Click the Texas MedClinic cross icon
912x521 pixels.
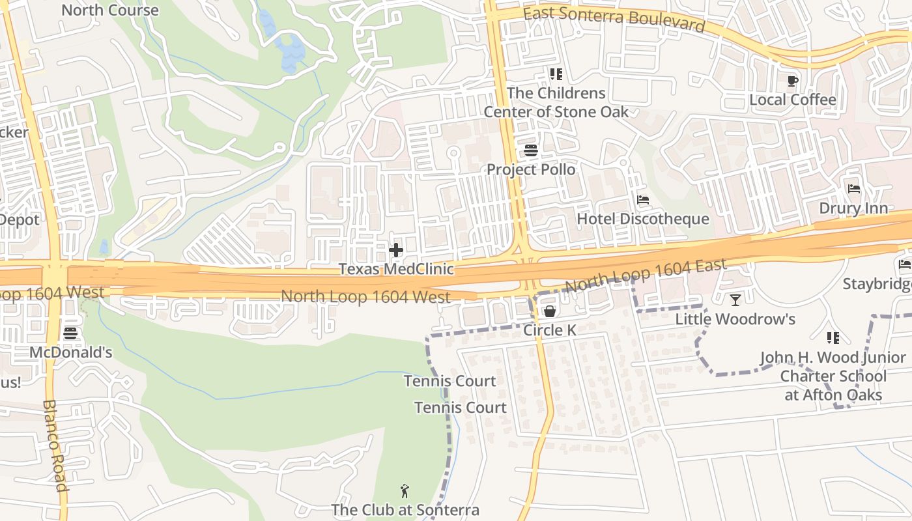pyautogui.click(x=395, y=250)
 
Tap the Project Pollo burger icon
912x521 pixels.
pyautogui.click(x=531, y=151)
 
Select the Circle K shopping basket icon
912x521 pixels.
pyautogui.click(x=550, y=311)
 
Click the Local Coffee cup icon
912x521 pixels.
pyautogui.click(x=792, y=81)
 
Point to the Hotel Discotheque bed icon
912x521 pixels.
pyautogui.click(x=643, y=200)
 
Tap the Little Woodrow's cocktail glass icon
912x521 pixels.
pyautogui.click(x=735, y=300)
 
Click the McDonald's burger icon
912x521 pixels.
pyautogui.click(x=70, y=333)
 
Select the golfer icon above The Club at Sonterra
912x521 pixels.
pyautogui.click(x=405, y=491)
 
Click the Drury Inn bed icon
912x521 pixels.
pyautogui.click(x=854, y=189)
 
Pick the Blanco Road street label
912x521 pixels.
pyautogui.click(x=55, y=445)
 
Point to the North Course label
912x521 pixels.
pyautogui.click(x=109, y=10)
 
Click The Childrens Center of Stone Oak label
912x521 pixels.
pyautogui.click(x=556, y=102)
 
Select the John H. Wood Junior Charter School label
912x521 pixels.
pyautogui.click(x=833, y=376)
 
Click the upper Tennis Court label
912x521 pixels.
pyautogui.click(x=449, y=381)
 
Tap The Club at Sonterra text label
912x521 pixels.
pyautogui.click(x=405, y=510)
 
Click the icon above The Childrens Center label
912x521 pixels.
pyautogui.click(x=556, y=74)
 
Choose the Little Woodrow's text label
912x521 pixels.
pyautogui.click(x=735, y=319)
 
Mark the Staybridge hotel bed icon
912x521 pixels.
pyautogui.click(x=905, y=264)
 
